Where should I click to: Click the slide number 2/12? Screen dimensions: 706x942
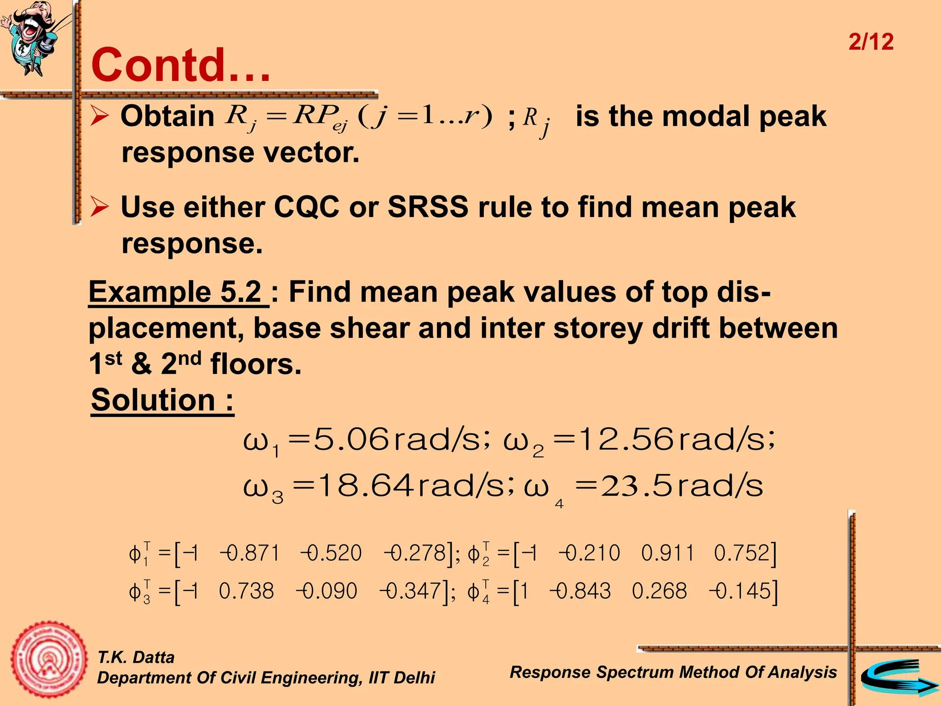coord(871,42)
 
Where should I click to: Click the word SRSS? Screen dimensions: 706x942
coord(428,207)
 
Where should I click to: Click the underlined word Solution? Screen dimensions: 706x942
coord(154,400)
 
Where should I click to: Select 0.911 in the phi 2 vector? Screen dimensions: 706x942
coord(667,553)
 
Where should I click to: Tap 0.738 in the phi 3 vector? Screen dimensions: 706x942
coord(247,591)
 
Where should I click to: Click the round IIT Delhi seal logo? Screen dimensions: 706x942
coord(49,660)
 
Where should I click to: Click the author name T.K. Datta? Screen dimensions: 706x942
coord(136,657)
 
